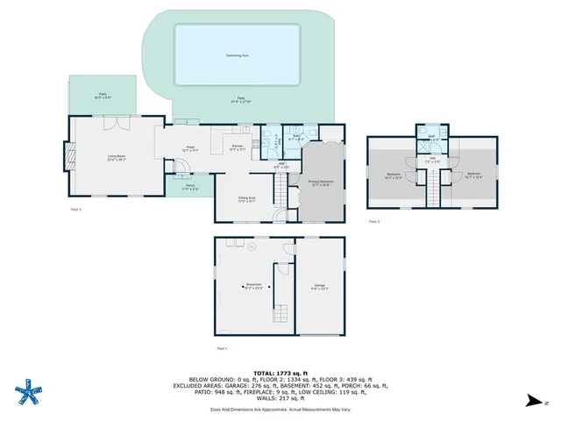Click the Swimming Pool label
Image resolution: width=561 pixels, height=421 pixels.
[x=238, y=54]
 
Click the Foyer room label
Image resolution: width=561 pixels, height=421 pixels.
[x=189, y=148]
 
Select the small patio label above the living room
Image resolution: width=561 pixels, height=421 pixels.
[x=102, y=95]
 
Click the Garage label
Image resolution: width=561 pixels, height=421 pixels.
[x=320, y=286]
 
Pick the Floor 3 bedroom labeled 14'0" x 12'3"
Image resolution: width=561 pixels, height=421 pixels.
[x=394, y=175]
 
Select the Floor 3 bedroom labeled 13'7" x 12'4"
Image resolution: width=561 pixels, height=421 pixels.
[x=473, y=175]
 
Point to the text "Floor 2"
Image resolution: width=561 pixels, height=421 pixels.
[x=75, y=210]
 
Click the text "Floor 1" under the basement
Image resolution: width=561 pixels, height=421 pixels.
[x=221, y=349]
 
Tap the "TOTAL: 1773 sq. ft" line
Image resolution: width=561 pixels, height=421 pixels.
[x=280, y=373]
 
